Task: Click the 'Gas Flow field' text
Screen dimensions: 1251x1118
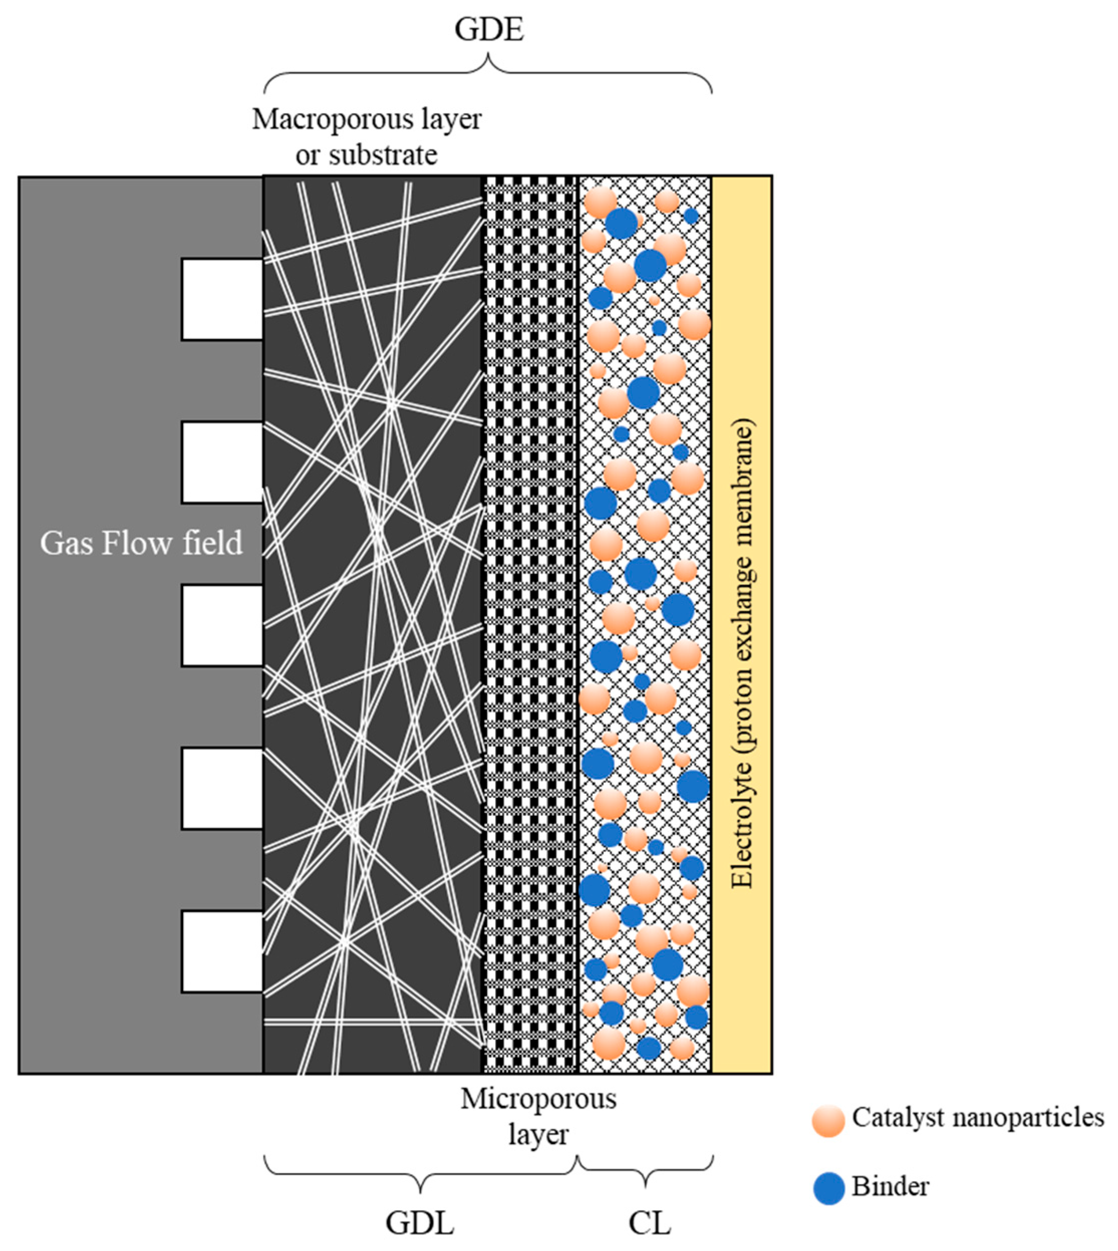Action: [141, 544]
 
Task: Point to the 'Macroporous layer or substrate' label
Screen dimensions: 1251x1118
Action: [367, 136]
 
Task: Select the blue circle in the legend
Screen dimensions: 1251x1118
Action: [828, 1188]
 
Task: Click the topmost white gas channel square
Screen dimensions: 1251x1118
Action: [222, 299]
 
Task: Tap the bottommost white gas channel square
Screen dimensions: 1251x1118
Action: [222, 951]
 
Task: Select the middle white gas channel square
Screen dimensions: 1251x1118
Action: [222, 625]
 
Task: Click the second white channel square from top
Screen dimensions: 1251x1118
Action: [222, 462]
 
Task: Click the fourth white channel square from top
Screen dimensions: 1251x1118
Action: [222, 789]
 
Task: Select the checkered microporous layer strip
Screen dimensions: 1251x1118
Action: [530, 614]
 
